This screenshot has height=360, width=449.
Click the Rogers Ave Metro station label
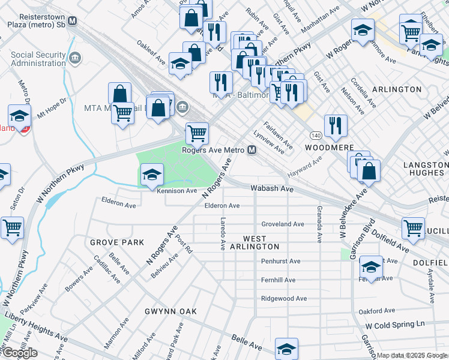click(x=213, y=151)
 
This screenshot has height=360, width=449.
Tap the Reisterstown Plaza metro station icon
click(x=73, y=21)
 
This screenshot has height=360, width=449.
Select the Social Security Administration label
click(x=38, y=59)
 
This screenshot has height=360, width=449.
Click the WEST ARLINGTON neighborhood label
click(x=261, y=242)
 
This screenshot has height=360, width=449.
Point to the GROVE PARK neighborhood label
click(x=117, y=242)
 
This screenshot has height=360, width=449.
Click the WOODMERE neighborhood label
click(x=327, y=147)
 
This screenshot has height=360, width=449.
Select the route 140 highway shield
click(x=316, y=134)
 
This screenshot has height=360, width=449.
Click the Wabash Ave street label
click(x=271, y=188)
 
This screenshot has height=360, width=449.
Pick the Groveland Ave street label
click(x=282, y=224)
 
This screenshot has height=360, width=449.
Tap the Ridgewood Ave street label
click(x=283, y=298)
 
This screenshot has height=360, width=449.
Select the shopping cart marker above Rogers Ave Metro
click(x=196, y=133)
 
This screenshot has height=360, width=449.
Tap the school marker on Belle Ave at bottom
click(x=286, y=348)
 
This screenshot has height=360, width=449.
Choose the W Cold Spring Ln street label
click(x=395, y=324)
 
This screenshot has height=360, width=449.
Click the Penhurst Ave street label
click(x=280, y=261)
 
